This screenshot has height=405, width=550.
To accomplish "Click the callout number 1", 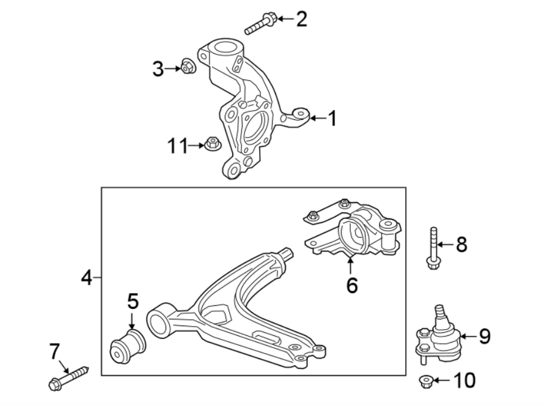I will pyautogui.click(x=332, y=118).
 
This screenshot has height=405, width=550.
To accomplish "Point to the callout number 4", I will pyautogui.click(x=87, y=278).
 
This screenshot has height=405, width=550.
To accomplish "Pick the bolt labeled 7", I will pyautogui.click(x=68, y=377).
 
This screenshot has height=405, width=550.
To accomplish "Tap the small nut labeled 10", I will pyautogui.click(x=427, y=382).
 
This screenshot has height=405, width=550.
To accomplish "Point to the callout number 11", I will pyautogui.click(x=178, y=146).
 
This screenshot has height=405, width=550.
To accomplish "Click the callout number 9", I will pyautogui.click(x=484, y=336).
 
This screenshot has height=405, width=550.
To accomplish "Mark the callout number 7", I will pyautogui.click(x=55, y=351).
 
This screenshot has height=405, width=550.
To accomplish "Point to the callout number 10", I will pyautogui.click(x=464, y=382).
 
